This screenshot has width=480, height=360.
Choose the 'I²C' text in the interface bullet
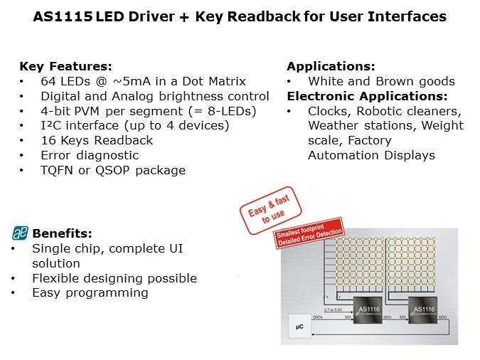(x=50, y=126)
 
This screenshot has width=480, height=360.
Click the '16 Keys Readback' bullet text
(x=87, y=141)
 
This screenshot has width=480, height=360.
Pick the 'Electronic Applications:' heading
(x=367, y=96)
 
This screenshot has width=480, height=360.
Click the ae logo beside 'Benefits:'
(x=20, y=233)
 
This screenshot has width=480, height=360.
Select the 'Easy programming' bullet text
(x=90, y=292)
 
